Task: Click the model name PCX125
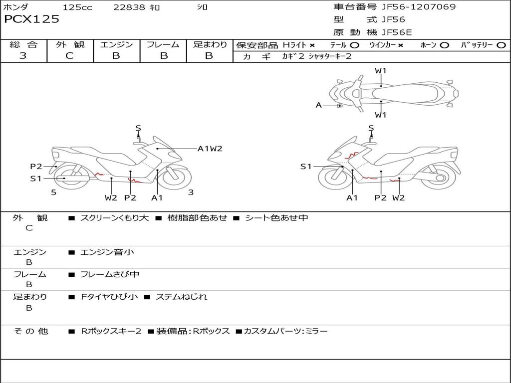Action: click(31, 19)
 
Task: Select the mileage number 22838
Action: click(129, 7)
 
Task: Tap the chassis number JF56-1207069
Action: click(419, 6)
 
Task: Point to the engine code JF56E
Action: click(397, 32)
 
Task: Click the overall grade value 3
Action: click(23, 55)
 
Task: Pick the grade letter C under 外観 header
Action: click(70, 55)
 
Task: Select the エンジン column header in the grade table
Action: click(116, 44)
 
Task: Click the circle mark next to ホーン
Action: click(444, 45)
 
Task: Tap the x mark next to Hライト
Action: click(312, 45)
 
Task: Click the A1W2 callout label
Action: click(210, 149)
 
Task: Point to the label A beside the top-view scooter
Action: click(319, 105)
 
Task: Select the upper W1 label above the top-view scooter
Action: click(380, 71)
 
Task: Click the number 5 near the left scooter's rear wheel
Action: click(54, 192)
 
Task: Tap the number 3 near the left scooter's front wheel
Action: click(191, 192)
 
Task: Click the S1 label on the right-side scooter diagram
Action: click(306, 167)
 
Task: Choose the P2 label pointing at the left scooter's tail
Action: click(36, 167)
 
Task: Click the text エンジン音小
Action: click(107, 252)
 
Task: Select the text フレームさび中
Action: click(110, 275)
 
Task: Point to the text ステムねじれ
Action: click(182, 297)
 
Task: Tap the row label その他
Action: click(31, 331)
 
